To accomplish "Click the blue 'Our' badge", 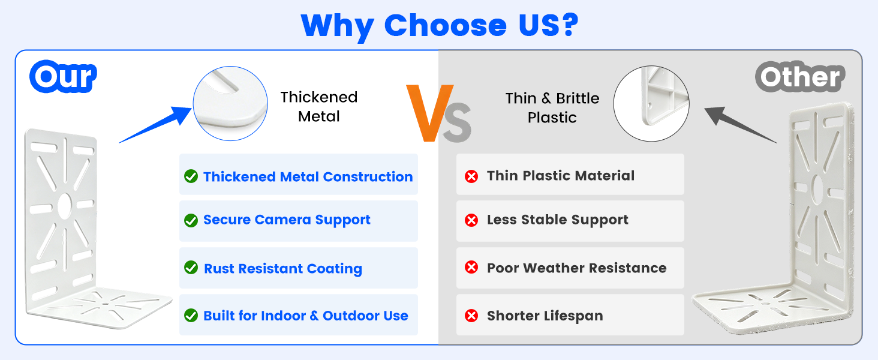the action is [63, 76].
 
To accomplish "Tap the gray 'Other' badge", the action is [800, 76].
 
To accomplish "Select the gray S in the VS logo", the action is [458, 122].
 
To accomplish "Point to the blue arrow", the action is [155, 125].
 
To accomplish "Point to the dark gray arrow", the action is [741, 125].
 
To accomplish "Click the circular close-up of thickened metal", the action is [230, 104].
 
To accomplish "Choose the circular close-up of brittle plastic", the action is [651, 104].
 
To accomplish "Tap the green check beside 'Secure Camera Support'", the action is [191, 220].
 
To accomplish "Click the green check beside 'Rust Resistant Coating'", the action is [191, 268].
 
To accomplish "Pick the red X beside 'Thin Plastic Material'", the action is [471, 176].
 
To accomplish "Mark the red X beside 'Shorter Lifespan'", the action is [471, 316].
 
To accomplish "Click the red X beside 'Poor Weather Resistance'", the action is [471, 268].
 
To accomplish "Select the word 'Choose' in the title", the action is [446, 25].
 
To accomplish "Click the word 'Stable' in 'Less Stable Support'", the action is [543, 220].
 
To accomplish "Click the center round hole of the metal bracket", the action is [65, 206].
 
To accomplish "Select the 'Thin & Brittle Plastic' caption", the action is [552, 108].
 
